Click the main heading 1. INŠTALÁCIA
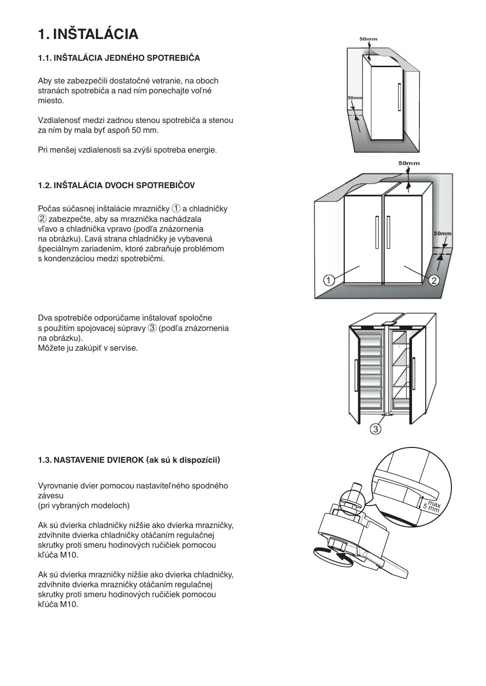tap(88, 34)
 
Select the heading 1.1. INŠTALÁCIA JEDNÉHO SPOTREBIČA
tap(119, 58)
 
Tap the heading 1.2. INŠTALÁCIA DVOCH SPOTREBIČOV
tap(117, 185)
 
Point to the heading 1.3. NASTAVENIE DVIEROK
tap(129, 460)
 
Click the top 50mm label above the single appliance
tap(368, 39)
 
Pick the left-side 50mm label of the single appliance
tap(355, 98)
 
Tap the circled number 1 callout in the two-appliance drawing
tap(328, 280)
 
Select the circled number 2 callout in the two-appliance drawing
tap(434, 281)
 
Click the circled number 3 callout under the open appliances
tap(376, 429)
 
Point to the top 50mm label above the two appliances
tap(409, 163)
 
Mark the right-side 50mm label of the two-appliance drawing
tap(443, 233)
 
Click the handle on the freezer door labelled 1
tap(377, 233)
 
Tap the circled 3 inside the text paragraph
tap(152, 328)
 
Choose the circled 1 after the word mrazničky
tap(176, 208)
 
